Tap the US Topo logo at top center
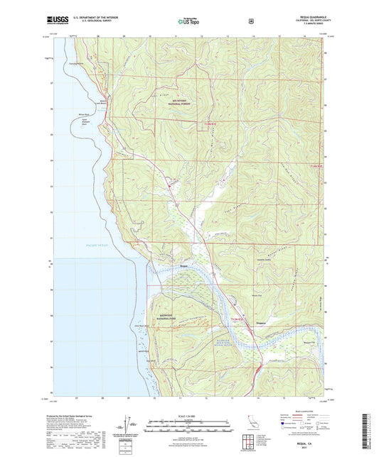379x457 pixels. coord(189,21)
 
